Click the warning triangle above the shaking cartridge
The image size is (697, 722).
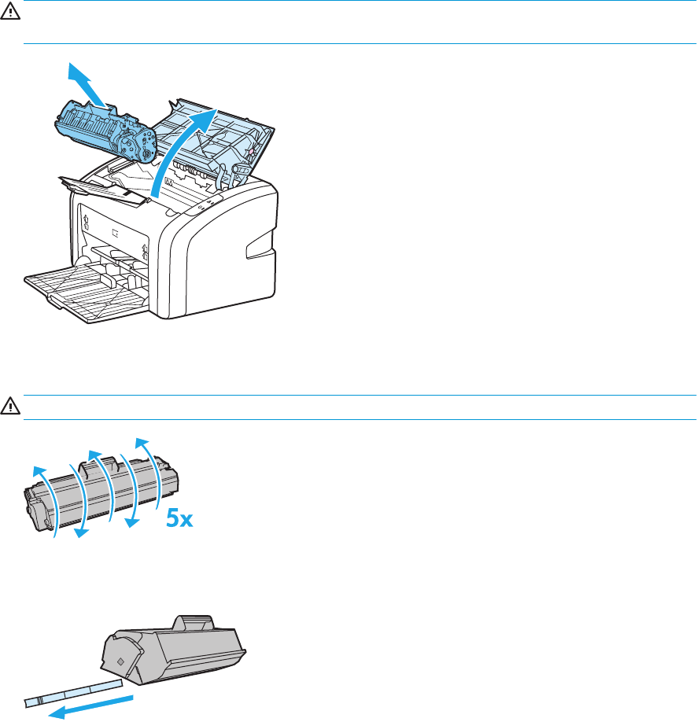click(x=10, y=407)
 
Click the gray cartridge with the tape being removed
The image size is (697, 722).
click(x=172, y=645)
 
